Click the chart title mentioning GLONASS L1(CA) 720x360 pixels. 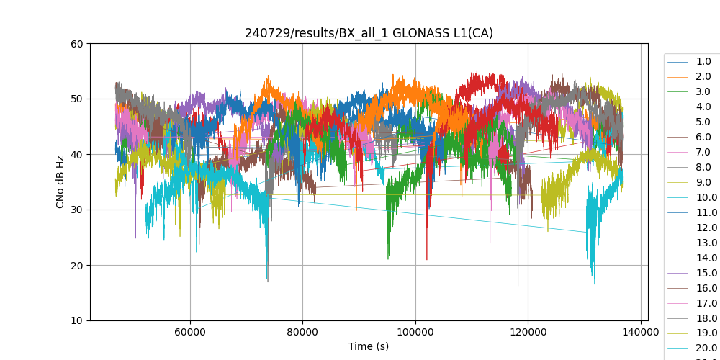click(x=369, y=33)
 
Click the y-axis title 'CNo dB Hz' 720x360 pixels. click(x=60, y=182)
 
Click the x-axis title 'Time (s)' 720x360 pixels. click(x=369, y=346)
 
